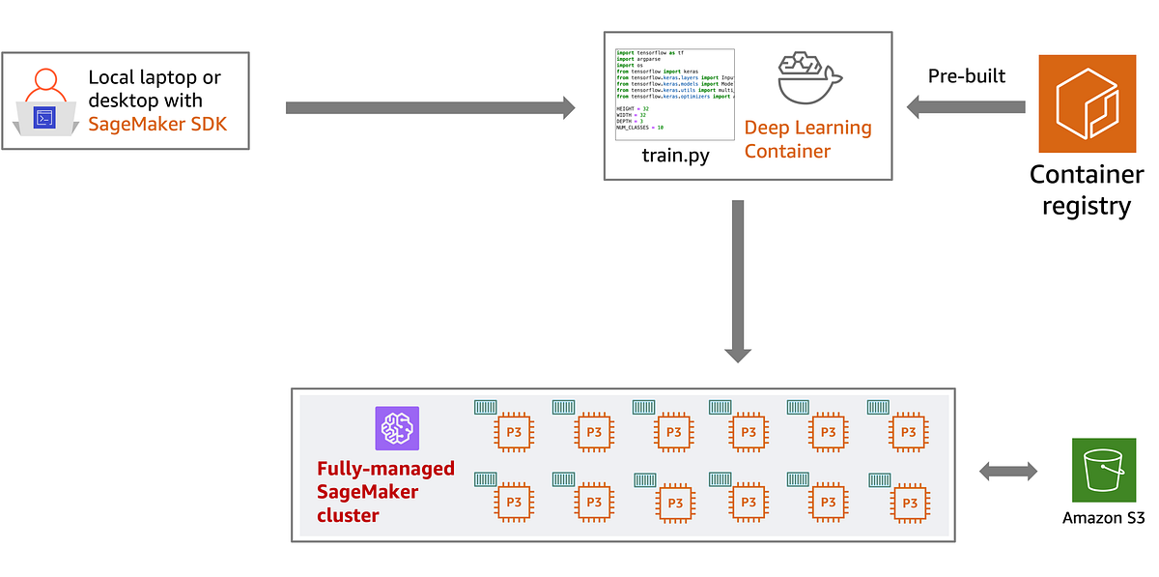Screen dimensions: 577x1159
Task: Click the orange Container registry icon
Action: tap(1087, 103)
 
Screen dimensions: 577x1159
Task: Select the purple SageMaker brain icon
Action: tap(398, 428)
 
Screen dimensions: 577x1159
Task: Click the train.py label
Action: tap(675, 155)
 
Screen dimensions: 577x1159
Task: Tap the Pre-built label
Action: tap(967, 75)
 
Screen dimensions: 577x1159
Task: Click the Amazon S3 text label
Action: tap(1103, 518)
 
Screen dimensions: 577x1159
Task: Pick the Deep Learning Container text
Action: tap(807, 139)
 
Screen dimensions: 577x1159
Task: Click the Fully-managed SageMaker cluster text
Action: tap(385, 492)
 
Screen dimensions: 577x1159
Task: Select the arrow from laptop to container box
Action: tap(430, 107)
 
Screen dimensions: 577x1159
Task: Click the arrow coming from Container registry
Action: tap(966, 107)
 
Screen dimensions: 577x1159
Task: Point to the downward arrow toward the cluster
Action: tap(738, 280)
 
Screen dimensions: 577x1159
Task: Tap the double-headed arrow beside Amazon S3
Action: tap(1008, 472)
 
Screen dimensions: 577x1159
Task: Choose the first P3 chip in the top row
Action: tap(514, 432)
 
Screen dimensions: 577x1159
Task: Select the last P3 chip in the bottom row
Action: tap(908, 503)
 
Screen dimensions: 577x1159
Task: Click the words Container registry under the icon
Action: tap(1087, 189)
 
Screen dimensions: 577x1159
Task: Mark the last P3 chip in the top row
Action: tap(908, 432)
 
